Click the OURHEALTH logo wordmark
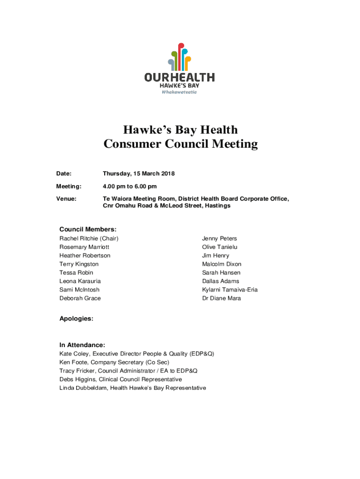(180, 77)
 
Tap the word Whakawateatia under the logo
(180, 92)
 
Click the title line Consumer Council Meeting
(180, 144)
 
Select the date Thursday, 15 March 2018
(138, 174)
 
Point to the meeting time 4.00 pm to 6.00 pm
(130, 187)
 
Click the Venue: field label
(66, 199)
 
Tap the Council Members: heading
(88, 229)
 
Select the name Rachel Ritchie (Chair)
(89, 239)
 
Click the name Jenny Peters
(219, 239)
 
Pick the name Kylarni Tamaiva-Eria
(230, 290)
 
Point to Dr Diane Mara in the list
(221, 298)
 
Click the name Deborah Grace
(80, 298)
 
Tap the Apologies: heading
(76, 319)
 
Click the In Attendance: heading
(82, 345)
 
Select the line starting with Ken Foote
(114, 363)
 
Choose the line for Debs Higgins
(121, 379)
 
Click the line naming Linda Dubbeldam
(132, 388)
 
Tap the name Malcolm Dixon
(222, 264)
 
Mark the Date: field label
(64, 174)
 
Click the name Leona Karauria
(80, 281)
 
